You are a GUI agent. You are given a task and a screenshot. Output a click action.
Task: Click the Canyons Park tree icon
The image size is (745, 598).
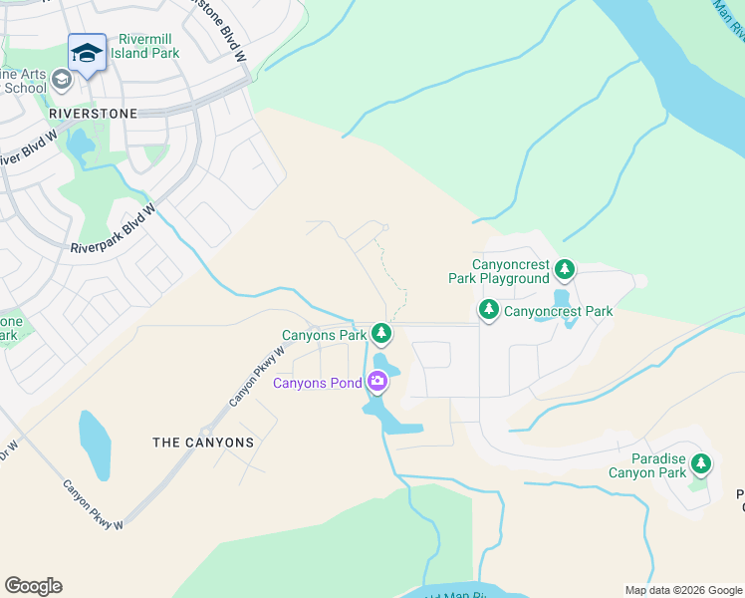(x=379, y=334)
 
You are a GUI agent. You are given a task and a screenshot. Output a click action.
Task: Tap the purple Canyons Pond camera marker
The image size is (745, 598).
(x=377, y=381)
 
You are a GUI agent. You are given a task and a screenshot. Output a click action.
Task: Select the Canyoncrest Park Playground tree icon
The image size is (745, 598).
(x=565, y=269)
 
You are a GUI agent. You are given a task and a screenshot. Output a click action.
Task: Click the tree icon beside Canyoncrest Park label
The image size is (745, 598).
(x=488, y=310)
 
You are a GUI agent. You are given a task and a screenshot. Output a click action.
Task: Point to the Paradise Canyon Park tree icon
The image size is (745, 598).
(x=701, y=463)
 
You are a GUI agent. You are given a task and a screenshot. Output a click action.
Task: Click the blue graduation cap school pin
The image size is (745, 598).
(x=87, y=53)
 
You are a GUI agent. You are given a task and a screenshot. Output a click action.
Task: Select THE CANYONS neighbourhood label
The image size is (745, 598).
(x=202, y=442)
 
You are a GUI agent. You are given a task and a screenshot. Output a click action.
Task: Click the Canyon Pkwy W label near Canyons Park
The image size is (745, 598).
(x=257, y=376)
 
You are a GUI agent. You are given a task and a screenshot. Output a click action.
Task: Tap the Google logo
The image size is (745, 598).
(x=33, y=586)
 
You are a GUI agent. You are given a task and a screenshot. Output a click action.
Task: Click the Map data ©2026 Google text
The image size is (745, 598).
(x=681, y=590)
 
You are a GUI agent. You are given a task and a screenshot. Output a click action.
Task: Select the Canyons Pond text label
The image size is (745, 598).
(x=318, y=383)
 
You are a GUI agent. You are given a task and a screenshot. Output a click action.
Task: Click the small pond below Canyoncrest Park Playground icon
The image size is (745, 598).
(x=562, y=297)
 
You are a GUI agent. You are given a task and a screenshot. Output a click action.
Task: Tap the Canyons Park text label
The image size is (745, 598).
(x=325, y=335)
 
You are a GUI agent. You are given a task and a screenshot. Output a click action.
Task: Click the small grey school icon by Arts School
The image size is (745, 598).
(x=60, y=80)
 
